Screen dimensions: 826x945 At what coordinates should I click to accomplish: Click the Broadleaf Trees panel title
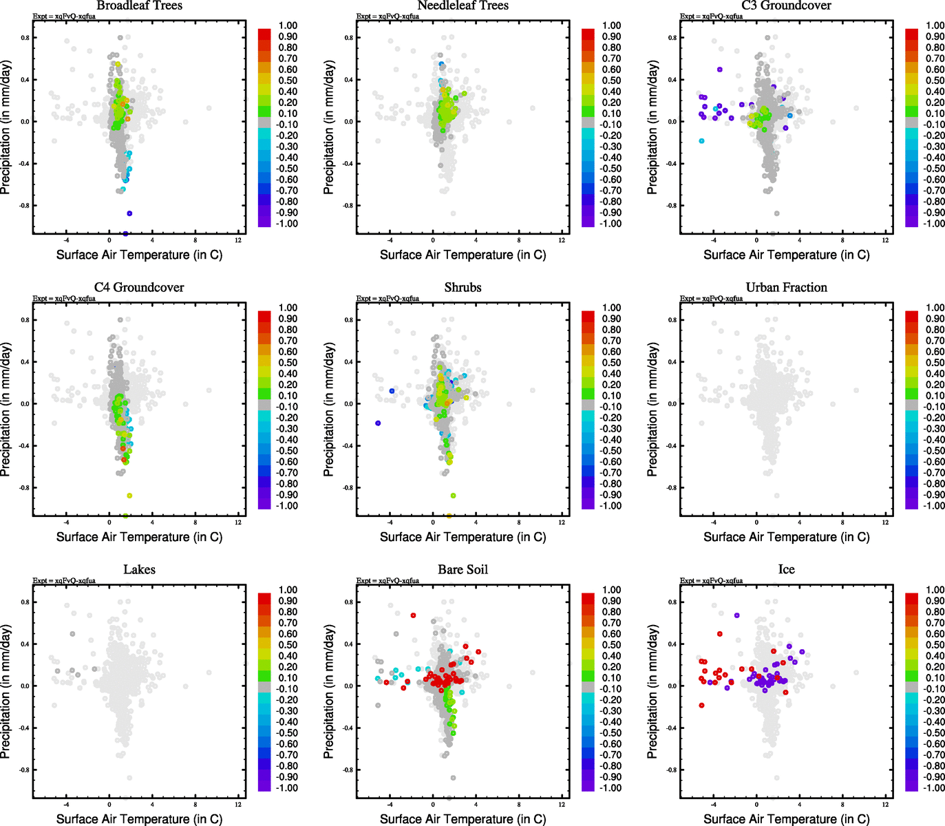tap(139, 6)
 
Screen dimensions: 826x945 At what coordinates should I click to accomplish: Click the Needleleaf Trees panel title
tap(463, 6)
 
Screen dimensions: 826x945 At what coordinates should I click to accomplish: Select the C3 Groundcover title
tap(786, 6)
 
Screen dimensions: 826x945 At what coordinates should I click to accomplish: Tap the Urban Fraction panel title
tap(786, 288)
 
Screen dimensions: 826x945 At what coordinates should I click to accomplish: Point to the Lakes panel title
tap(139, 570)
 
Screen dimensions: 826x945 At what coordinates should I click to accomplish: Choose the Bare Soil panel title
tap(463, 570)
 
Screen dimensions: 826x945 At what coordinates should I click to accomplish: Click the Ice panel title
tap(786, 570)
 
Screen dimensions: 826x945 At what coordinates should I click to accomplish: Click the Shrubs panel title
tap(463, 288)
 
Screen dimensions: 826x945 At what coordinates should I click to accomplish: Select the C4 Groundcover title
tap(139, 288)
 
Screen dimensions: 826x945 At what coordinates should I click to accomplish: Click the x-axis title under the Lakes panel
tap(139, 819)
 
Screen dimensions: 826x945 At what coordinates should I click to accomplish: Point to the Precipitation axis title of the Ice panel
tap(653, 692)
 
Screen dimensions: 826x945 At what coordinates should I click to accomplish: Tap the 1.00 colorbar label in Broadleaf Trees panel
tap(288, 25)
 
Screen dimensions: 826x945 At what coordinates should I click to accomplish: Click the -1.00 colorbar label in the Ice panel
tap(934, 788)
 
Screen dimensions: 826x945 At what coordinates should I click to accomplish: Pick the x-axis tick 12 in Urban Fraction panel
tap(885, 522)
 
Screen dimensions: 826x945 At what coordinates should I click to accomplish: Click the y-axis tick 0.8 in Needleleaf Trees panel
tap(349, 38)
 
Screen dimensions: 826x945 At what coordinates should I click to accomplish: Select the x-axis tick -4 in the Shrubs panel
tap(390, 522)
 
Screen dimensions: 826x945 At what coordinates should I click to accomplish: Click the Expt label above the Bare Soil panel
tap(387, 581)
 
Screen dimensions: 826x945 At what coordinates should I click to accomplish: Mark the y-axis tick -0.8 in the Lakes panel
tap(25, 770)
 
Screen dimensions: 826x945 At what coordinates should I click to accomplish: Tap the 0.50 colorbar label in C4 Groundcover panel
tap(288, 363)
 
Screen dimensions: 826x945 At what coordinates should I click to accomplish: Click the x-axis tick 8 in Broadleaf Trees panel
tap(195, 240)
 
